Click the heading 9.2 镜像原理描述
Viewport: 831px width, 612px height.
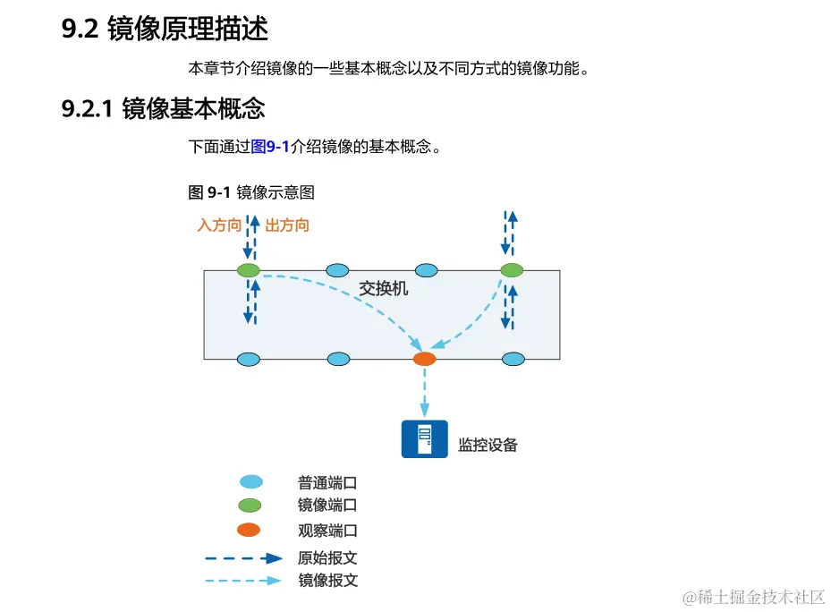[x=165, y=29]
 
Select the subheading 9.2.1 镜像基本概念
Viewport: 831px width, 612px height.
[x=163, y=109]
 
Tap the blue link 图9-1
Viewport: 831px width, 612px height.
[x=270, y=147]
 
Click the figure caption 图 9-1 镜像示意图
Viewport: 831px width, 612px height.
[x=251, y=192]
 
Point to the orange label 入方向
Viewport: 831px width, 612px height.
[x=219, y=225]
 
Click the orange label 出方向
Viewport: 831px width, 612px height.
[x=287, y=225]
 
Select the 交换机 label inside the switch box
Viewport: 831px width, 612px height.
[x=383, y=288]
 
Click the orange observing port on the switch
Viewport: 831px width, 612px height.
[x=424, y=359]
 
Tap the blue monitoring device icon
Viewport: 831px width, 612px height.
[x=424, y=438]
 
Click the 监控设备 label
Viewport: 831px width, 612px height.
[x=488, y=445]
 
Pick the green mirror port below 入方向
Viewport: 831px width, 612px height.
[x=248, y=270]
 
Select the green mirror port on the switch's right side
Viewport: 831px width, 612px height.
[x=511, y=270]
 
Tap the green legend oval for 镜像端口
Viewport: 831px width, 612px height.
[x=249, y=506]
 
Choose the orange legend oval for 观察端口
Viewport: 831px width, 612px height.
[x=248, y=530]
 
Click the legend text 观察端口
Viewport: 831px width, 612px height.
[x=327, y=531]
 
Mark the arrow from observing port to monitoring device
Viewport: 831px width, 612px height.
[x=424, y=390]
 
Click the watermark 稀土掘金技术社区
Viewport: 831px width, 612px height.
[x=753, y=597]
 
